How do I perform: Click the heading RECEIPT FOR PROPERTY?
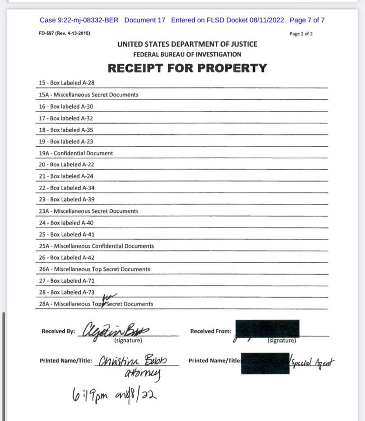point(187,68)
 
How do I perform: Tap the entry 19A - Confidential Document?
point(76,153)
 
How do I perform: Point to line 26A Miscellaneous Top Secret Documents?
point(95,269)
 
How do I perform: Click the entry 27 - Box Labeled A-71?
point(67,280)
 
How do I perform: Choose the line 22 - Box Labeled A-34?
point(67,188)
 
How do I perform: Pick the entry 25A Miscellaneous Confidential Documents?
point(96,246)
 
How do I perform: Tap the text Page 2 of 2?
point(301,34)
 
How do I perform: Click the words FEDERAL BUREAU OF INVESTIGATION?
point(187,54)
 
